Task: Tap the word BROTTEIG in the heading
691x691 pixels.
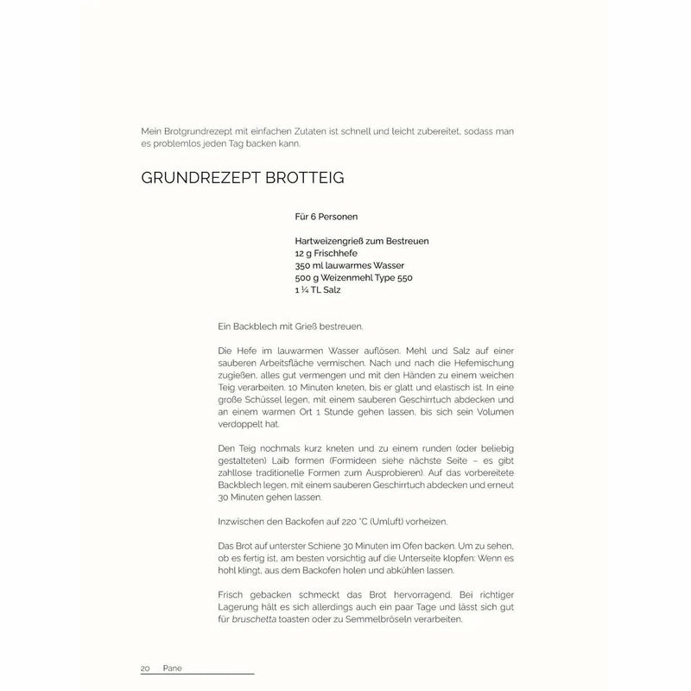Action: coord(302,179)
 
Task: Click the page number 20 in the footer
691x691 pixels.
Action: coord(146,669)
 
